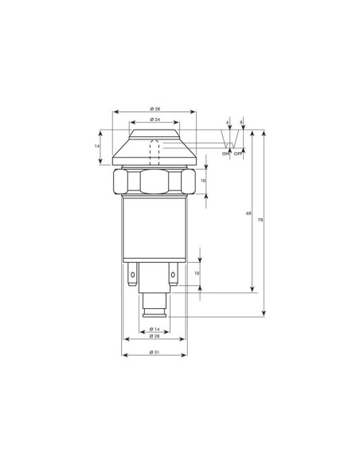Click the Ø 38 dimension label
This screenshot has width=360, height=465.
[155, 109]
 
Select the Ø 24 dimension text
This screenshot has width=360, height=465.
[155, 119]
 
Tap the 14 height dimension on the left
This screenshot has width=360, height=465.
[96, 146]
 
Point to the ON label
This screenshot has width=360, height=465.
[225, 154]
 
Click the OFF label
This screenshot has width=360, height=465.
[238, 154]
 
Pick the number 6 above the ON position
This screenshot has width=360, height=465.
[228, 122]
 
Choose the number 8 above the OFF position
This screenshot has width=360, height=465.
[241, 122]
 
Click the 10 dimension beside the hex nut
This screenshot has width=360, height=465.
[203, 180]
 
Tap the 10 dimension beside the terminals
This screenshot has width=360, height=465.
[197, 273]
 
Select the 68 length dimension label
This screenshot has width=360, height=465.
[248, 213]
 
